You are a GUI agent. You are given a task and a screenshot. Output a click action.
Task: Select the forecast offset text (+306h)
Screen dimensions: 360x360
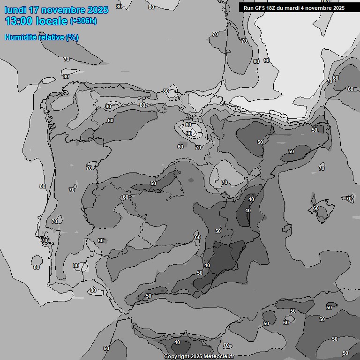pos(83,21)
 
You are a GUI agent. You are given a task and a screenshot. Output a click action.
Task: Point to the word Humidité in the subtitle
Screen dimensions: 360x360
pos(19,37)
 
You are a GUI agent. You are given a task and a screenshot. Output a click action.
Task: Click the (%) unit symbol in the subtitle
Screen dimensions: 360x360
pos(72,37)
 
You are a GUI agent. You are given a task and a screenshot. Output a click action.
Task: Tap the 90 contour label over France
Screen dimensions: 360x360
pos(267,60)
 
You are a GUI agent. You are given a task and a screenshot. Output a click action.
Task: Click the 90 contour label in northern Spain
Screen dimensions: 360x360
pos(188,134)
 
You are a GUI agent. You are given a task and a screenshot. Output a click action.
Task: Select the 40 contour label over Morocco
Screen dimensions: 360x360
pos(177,342)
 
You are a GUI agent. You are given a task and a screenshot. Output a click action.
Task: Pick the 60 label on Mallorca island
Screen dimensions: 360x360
pos(316,208)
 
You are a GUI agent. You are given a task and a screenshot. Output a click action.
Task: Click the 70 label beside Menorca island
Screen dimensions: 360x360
pos(349,199)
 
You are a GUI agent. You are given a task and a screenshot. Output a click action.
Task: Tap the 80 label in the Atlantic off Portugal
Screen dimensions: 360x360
pos(37,267)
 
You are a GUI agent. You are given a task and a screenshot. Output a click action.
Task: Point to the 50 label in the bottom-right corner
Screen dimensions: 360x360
pos(345,352)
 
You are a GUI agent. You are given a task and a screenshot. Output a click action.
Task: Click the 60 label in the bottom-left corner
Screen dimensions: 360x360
pos(106,348)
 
